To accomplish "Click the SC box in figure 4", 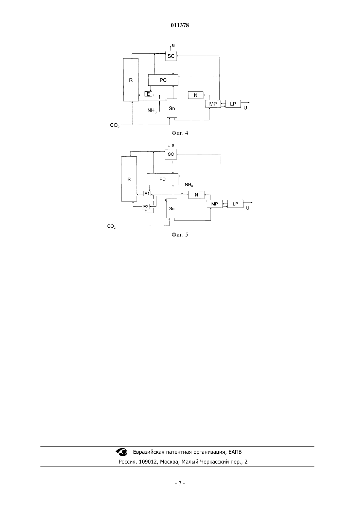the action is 171,56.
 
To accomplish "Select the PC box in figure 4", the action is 163,80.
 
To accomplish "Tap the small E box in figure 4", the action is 148,94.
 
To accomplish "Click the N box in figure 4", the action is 196,95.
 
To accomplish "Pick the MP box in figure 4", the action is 213,104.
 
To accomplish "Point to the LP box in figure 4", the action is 233,104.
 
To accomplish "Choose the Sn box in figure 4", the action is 172,108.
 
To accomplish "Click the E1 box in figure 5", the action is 147,194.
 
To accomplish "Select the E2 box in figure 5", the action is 146,206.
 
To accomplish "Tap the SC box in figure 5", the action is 171,154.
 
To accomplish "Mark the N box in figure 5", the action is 196,195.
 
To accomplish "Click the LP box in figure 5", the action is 235,204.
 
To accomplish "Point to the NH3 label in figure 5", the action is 189,185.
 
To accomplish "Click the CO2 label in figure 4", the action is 115,125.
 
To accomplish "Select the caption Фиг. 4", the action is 180,133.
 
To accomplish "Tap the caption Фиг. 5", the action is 180,235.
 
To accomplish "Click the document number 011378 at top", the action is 180,25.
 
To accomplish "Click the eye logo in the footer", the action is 122,452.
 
